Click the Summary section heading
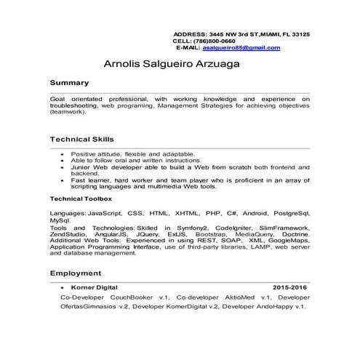pyautogui.click(x=70, y=83)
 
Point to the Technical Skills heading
pyautogui.click(x=82, y=139)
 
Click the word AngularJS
pyautogui.click(x=116, y=234)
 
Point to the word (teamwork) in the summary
pyautogui.click(x=68, y=113)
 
